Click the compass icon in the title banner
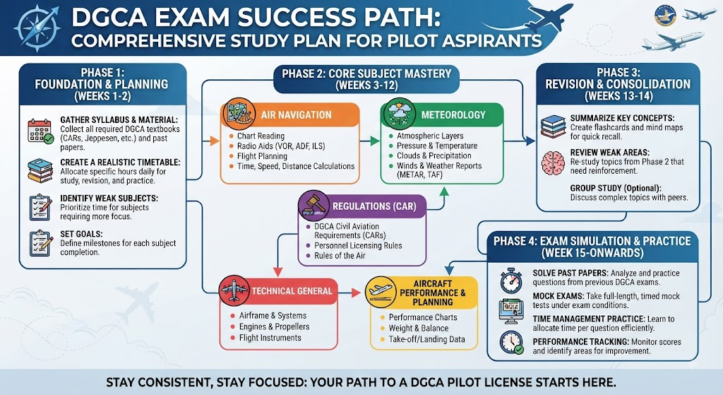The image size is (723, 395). tap(37, 28)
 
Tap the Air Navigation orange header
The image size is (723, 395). tap(290, 114)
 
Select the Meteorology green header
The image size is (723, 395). tap(442, 114)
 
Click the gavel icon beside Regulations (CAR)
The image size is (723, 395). tap(313, 206)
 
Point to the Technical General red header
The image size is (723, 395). tap(278, 291)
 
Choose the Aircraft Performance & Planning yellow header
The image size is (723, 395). tap(422, 293)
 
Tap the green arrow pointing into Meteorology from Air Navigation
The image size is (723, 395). tap(370, 141)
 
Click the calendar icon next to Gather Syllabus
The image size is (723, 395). tap(40, 131)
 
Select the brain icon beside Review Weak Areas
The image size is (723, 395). tap(554, 163)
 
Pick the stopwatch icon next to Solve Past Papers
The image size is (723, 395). tap(512, 280)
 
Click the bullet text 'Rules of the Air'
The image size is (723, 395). tap(340, 256)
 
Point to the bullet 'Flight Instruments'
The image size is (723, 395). tap(270, 338)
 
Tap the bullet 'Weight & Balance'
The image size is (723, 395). tap(419, 328)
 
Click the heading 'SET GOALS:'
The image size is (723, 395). tap(82, 234)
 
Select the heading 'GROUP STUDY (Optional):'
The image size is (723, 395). tap(616, 188)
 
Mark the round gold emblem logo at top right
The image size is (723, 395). tap(666, 16)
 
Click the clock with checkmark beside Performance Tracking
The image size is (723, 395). tap(512, 343)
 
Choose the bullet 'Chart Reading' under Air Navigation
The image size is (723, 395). tap(261, 136)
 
